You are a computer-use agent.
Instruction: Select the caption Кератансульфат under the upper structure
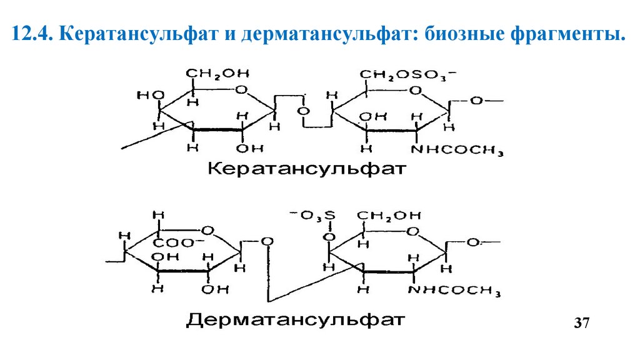(307, 169)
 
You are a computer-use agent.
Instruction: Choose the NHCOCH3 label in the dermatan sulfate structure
(455, 290)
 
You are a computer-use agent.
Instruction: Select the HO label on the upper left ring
(150, 96)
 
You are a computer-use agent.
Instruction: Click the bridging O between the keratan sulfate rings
(303, 111)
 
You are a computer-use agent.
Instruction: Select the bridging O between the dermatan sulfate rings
(267, 241)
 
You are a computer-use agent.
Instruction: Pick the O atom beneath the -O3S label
(329, 237)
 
